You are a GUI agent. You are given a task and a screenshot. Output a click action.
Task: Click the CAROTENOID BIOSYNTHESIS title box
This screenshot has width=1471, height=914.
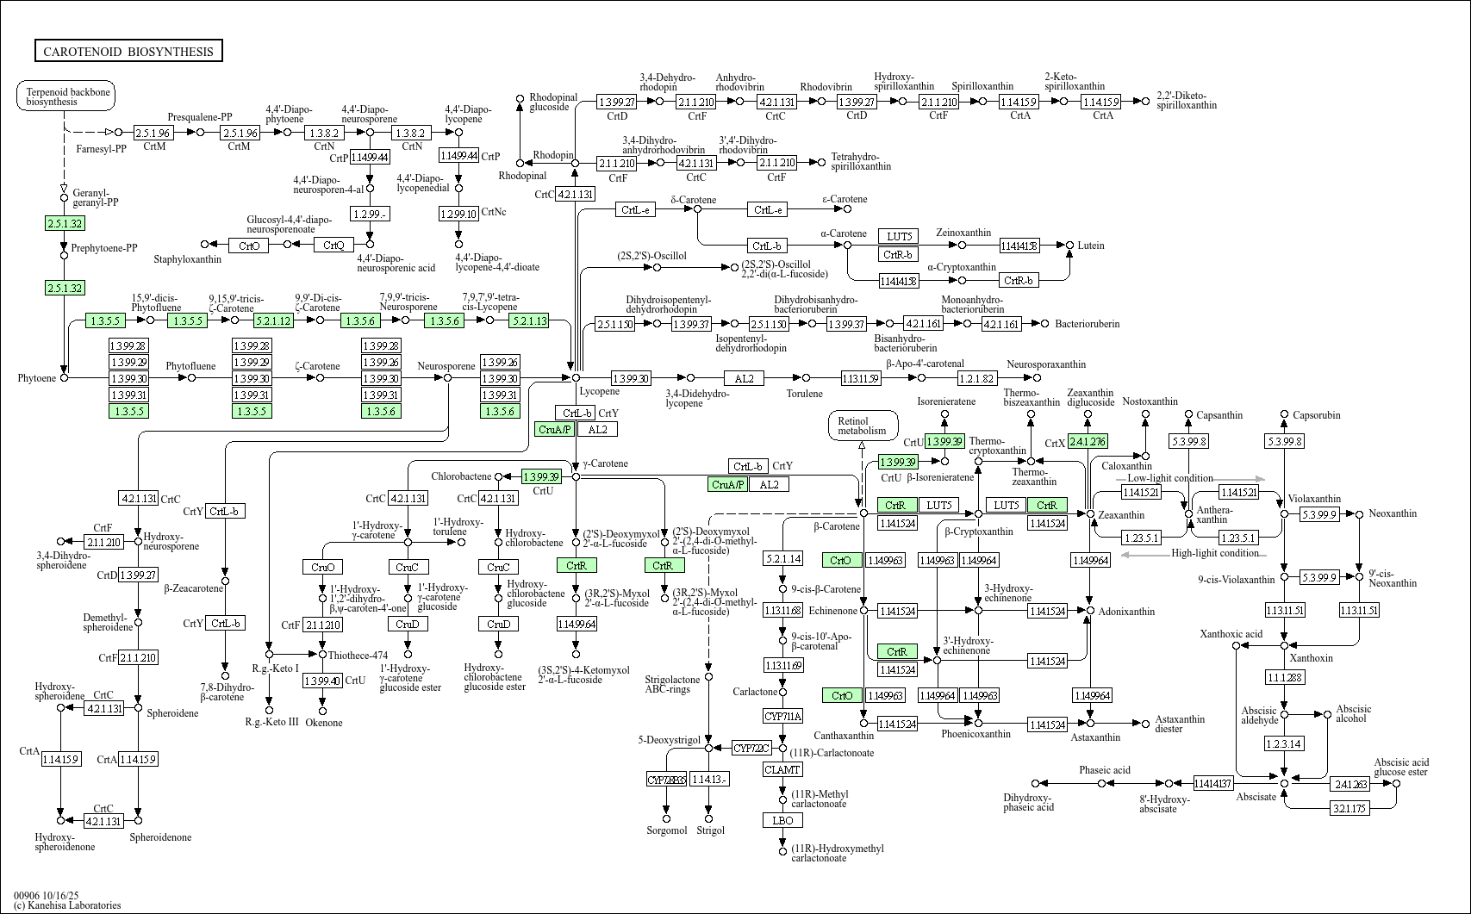tap(128, 52)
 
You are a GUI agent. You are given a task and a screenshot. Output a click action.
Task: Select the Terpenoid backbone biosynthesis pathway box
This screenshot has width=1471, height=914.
tap(66, 96)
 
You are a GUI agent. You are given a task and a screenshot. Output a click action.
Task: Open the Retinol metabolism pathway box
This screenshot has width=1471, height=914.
tap(863, 426)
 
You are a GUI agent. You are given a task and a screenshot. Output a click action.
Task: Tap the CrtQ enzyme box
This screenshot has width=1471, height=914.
tap(333, 246)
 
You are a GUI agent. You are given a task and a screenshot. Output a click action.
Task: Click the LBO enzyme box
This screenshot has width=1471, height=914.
tap(782, 821)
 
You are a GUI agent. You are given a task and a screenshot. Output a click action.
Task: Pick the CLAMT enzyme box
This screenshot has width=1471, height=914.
tap(782, 769)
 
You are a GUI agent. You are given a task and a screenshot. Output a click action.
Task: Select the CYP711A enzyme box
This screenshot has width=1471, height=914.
tap(782, 717)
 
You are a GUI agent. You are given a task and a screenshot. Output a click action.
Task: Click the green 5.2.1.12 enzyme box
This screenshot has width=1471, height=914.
tap(273, 320)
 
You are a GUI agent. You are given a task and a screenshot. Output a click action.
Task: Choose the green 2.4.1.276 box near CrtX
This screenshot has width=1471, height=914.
tap(1087, 442)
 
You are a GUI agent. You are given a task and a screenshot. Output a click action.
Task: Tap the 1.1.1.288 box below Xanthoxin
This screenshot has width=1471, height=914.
tap(1284, 678)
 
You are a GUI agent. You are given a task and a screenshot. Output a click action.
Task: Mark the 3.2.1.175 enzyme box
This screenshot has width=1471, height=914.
tap(1350, 808)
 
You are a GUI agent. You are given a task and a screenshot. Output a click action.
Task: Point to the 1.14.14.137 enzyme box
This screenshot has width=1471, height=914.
tap(1212, 784)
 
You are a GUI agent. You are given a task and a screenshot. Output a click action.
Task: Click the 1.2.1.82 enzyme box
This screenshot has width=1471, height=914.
tap(976, 378)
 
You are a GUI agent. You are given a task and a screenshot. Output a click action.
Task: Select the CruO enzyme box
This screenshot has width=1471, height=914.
tap(323, 567)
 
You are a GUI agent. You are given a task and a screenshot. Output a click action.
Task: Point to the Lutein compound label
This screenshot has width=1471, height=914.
tap(1091, 246)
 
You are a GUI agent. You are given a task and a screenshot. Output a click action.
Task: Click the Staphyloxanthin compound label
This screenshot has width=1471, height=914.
tap(188, 259)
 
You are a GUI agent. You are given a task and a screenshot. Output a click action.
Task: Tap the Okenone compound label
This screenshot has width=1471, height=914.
tap(324, 723)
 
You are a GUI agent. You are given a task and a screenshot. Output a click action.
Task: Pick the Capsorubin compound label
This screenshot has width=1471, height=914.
tap(1316, 415)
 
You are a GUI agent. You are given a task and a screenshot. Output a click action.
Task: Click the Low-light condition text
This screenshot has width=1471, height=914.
tap(1169, 479)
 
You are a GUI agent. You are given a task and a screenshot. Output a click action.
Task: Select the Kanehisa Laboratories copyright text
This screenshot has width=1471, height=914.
tap(67, 905)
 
